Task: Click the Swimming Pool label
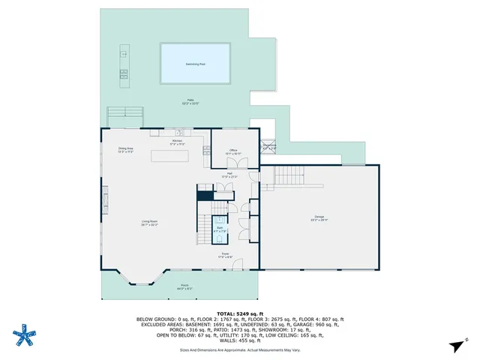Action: tap(195, 64)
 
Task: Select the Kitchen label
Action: tap(177, 141)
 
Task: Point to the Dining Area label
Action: tap(125, 149)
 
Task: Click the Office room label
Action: tap(233, 151)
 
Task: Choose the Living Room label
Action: tap(149, 221)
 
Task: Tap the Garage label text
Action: tap(319, 218)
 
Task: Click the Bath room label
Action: tap(220, 228)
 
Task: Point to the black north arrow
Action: tap(455, 345)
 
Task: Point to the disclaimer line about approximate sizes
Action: tap(239, 349)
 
